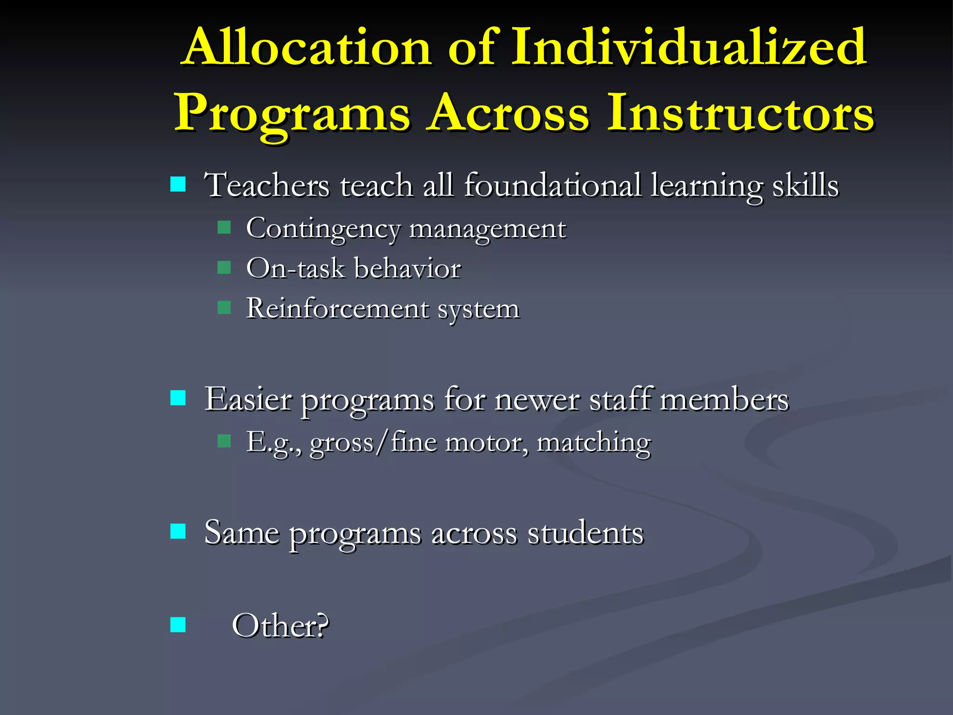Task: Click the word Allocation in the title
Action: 308,47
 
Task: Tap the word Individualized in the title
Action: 689,47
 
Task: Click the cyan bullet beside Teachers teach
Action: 178,184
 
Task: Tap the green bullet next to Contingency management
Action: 224,228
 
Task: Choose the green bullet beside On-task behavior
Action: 224,268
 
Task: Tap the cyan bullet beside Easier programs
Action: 178,398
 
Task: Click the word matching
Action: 593,443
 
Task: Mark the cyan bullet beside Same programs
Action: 178,531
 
